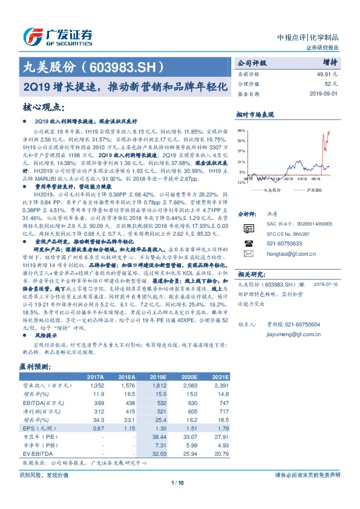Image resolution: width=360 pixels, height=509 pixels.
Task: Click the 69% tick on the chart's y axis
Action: tap(241, 131)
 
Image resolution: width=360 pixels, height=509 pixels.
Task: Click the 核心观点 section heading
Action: tap(44, 108)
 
